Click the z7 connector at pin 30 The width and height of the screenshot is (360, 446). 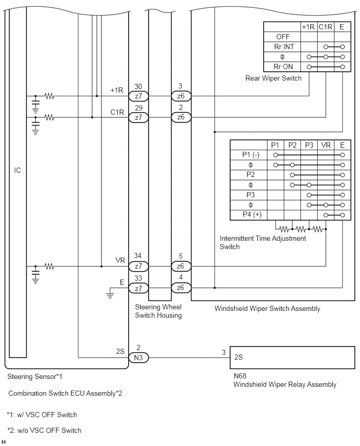pos(139,96)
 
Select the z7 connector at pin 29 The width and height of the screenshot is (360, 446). pos(139,117)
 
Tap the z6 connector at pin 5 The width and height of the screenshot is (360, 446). pos(181,266)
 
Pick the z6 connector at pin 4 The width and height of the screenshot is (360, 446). pos(181,288)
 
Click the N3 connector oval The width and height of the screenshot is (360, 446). pos(139,357)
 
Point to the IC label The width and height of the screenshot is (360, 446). pos(18,170)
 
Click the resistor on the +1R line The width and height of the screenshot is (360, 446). pos(49,96)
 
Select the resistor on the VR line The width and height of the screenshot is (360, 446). pos(49,266)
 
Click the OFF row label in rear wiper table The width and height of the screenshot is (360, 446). pos(283,37)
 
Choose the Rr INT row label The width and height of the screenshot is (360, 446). pos(284,47)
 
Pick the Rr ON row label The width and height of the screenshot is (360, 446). pos(283,66)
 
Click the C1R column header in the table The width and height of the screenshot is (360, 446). pos(325,27)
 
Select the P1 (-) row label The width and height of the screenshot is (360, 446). pos(251,155)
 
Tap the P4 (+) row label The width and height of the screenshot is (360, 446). pos(252,215)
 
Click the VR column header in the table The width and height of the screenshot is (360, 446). pos(326,145)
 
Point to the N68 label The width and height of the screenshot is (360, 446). pos(240,376)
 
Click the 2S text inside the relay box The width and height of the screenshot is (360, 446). pos(239,357)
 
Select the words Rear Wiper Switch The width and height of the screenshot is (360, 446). pos(274,78)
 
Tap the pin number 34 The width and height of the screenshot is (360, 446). pos(138,255)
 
